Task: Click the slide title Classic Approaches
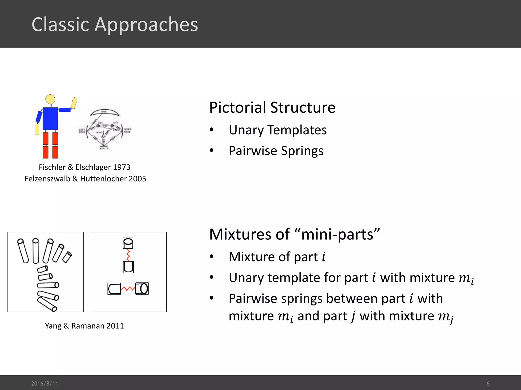point(115,25)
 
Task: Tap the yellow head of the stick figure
point(50,99)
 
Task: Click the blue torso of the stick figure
point(50,119)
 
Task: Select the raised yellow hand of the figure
point(74,103)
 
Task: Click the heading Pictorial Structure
point(272,107)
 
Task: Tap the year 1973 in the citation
point(121,167)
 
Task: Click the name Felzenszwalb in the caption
point(47,179)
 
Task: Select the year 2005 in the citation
point(137,179)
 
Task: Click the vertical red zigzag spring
point(128,255)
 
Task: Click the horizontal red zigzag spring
point(128,289)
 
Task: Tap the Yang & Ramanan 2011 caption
point(84,326)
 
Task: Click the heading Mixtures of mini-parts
point(294,234)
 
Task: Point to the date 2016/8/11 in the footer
point(45,383)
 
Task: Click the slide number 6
point(488,383)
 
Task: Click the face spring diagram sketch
point(104,129)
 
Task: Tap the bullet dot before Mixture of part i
point(212,256)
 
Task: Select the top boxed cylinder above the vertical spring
point(128,243)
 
